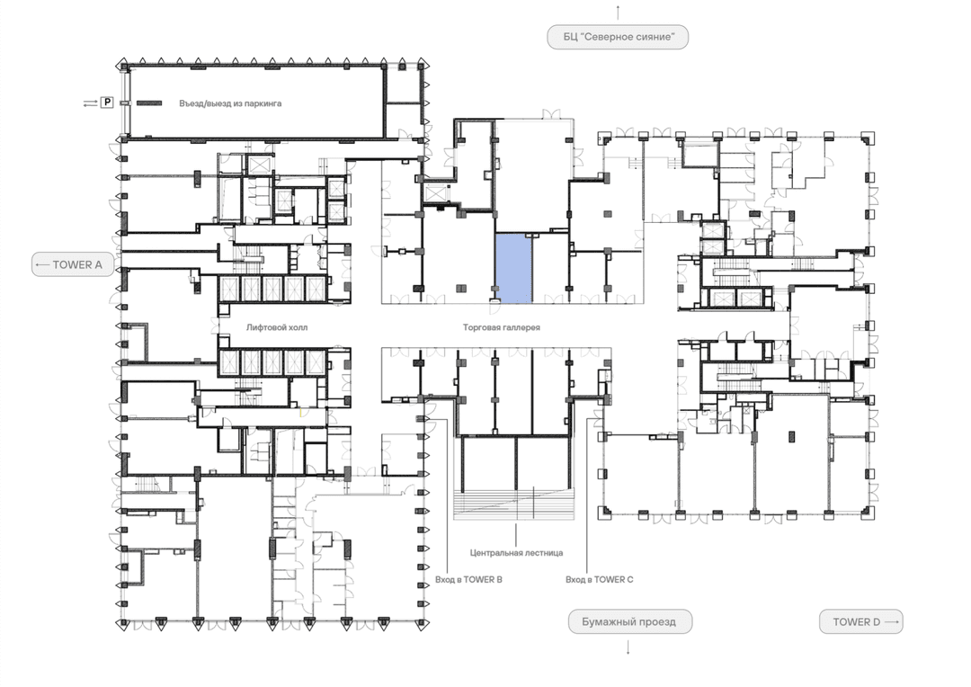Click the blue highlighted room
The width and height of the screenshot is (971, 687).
tap(514, 268)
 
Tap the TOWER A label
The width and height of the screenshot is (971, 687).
tap(73, 264)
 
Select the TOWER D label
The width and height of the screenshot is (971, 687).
tap(860, 622)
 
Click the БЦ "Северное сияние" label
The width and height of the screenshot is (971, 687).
tap(618, 37)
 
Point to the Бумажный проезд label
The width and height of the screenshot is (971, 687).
tap(628, 622)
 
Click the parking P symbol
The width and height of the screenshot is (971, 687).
tap(107, 103)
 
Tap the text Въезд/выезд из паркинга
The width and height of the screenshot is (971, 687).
tap(230, 103)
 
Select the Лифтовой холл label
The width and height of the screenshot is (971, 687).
tap(277, 327)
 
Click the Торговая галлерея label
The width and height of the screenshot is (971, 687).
tap(502, 327)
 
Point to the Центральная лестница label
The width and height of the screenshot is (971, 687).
tap(516, 553)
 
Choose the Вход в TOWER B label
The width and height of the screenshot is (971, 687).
tap(468, 580)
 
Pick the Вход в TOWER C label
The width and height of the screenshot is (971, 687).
tap(600, 580)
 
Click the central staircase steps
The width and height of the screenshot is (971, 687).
tap(514, 504)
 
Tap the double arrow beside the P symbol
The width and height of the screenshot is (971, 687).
tap(91, 103)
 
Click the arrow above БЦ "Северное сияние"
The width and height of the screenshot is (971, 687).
tap(618, 13)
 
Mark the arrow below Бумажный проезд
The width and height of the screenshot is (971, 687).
tap(628, 647)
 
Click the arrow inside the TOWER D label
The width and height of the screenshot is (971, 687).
tap(890, 622)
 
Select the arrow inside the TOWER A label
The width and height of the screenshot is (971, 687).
tap(43, 264)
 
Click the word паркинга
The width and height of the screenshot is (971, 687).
tap(263, 103)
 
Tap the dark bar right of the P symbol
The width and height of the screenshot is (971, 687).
tap(149, 103)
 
